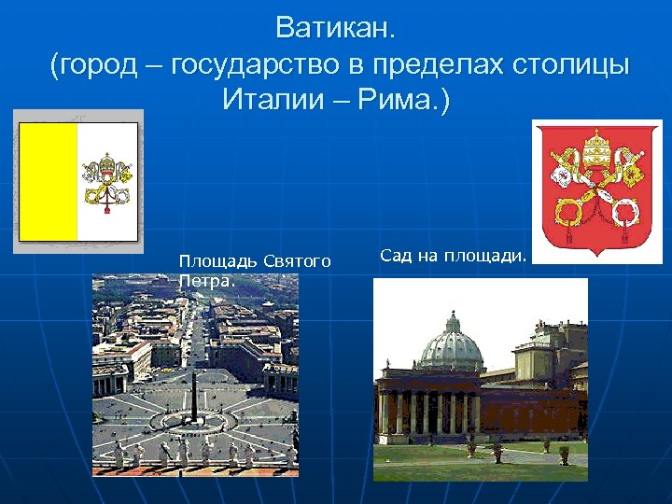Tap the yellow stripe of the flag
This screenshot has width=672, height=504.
49,181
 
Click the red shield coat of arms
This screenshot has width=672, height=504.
596,191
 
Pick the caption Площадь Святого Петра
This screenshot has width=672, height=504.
254,270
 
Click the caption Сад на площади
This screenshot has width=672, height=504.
454,255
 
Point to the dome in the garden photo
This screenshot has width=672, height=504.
452,347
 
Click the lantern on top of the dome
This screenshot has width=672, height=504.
453,321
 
